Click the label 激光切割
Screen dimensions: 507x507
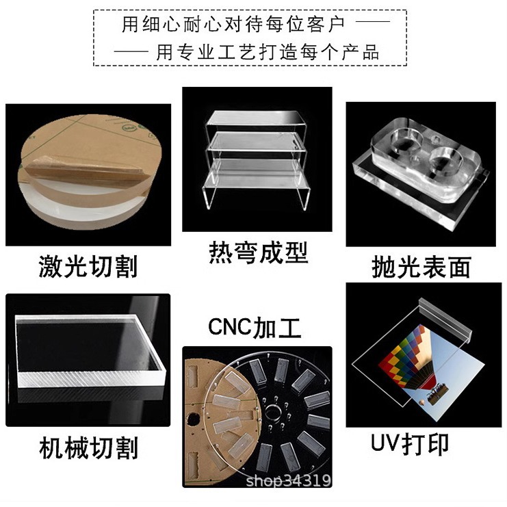(x=88, y=265)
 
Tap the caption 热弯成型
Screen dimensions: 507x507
(x=258, y=252)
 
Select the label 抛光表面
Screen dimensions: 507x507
(x=421, y=266)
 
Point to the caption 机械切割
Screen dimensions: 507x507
(x=88, y=448)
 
